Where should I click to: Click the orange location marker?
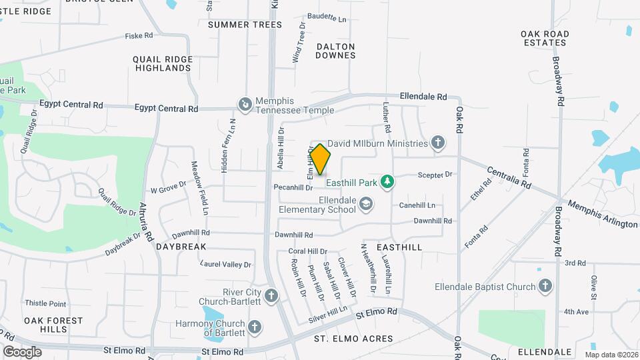coord(320,159)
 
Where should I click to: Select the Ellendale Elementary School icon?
coord(365,203)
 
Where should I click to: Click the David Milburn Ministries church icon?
coord(437,143)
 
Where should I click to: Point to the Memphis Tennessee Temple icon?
coord(245,104)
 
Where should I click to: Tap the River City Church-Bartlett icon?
coord(271,295)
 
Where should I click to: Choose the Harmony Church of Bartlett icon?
coord(254,327)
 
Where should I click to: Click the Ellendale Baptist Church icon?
coord(545,287)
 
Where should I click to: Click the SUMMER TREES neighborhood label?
coord(245,25)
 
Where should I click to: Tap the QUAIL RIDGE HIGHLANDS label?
coord(163,63)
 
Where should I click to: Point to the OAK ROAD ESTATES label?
coord(545,38)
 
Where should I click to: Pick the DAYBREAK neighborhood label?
coord(181,247)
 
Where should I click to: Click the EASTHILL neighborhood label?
coord(399,247)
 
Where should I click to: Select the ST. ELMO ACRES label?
coord(353,339)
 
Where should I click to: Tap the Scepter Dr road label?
coord(435,175)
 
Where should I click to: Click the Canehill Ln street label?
coord(417,205)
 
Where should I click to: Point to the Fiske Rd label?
coord(139,35)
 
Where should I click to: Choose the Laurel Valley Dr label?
coord(226,265)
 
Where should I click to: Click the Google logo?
coord(22,351)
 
